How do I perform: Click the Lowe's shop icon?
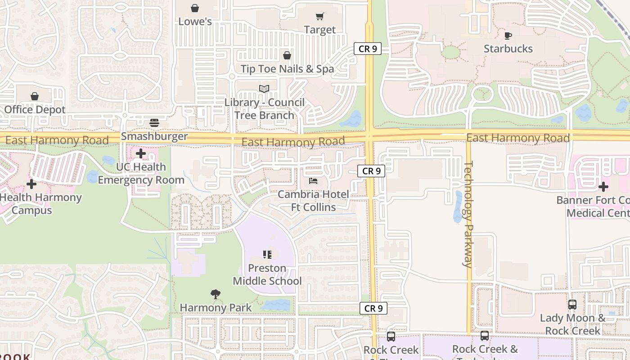195,8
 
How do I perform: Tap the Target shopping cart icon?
320,17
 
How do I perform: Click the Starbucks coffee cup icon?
508,36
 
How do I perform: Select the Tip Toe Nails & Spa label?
287,69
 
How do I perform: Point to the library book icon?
264,89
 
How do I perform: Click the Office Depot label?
35,109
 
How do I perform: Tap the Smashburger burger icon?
154,123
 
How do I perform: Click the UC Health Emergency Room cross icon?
141,153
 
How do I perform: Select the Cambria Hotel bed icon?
313,181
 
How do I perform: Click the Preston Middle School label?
267,274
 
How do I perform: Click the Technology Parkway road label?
468,214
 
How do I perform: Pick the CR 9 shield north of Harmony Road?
368,49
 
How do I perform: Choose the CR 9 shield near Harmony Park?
373,308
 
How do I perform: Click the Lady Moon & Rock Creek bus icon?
572,305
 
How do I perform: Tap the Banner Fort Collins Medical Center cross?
603,186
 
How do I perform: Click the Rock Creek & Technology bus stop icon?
485,336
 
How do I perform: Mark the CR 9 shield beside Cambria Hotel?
371,171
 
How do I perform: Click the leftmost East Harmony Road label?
57,140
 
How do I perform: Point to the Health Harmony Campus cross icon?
31,184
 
